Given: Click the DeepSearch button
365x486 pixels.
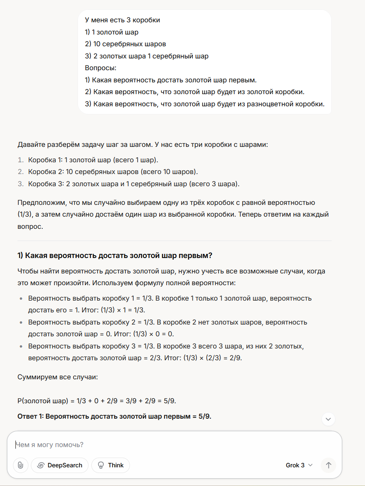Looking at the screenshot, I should pyautogui.click(x=60, y=465).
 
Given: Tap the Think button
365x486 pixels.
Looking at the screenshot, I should pyautogui.click(x=110, y=465).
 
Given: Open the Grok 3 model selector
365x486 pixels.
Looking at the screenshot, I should pyautogui.click(x=299, y=465).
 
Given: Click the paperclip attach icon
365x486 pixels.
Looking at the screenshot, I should pyautogui.click(x=21, y=465).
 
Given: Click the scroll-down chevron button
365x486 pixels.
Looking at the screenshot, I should pyautogui.click(x=328, y=419).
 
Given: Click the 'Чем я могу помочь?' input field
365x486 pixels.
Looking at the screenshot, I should pyautogui.click(x=162, y=445).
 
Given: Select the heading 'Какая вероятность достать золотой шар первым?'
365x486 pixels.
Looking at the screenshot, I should pyautogui.click(x=115, y=256).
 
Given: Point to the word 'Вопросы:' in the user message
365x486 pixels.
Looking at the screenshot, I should pyautogui.click(x=101, y=68).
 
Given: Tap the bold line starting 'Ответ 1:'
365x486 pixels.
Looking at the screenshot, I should pyautogui.click(x=114, y=417).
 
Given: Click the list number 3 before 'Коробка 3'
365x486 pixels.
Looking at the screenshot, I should pyautogui.click(x=20, y=184).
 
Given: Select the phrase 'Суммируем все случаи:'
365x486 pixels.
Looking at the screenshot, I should pyautogui.click(x=57, y=377).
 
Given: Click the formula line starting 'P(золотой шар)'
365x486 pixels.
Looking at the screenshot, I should pyautogui.click(x=97, y=401).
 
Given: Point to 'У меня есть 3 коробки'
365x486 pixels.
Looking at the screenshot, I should pyautogui.click(x=122, y=19).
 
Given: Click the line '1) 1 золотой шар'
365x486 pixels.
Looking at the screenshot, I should pyautogui.click(x=112, y=32).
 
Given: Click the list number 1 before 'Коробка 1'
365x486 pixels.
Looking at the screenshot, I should pyautogui.click(x=20, y=160).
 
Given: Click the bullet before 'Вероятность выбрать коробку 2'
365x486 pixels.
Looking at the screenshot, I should pyautogui.click(x=21, y=323).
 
